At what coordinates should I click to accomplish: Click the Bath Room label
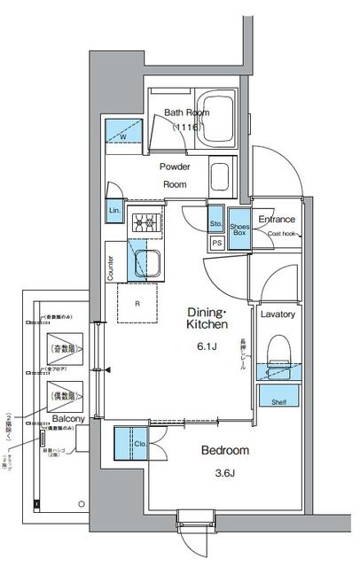pos(185,113)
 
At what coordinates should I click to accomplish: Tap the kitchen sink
pos(145,262)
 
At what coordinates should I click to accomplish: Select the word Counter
pos(111,268)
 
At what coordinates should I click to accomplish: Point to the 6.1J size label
pos(207,346)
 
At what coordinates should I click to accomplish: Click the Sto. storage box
pos(216,223)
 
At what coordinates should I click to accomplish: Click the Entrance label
pos(276,219)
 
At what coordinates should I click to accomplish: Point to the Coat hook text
pos(283,235)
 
